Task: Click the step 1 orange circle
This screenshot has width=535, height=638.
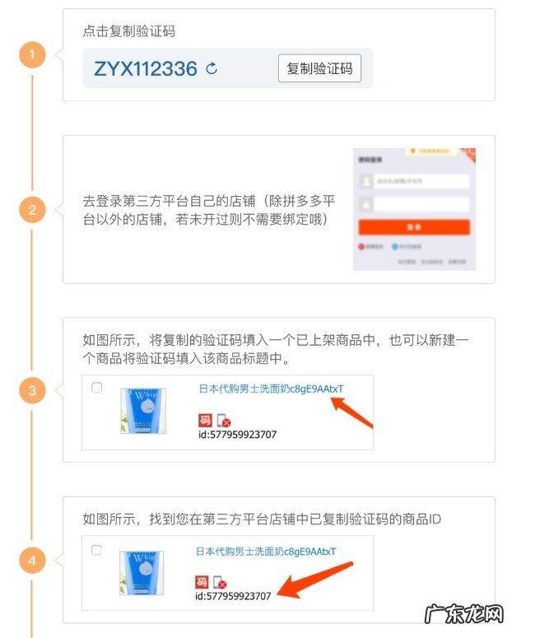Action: [32, 56]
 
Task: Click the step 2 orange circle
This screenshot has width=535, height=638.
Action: [32, 210]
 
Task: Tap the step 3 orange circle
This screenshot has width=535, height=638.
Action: [32, 390]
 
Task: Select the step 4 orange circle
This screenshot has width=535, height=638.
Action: [32, 561]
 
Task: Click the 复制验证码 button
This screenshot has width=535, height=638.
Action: [319, 68]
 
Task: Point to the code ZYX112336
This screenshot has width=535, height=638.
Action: [146, 68]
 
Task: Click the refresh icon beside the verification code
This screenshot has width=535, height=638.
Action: [212, 68]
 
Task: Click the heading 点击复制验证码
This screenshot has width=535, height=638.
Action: [129, 32]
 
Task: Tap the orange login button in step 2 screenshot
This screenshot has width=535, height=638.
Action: [414, 227]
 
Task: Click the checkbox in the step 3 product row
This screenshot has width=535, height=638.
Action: [97, 388]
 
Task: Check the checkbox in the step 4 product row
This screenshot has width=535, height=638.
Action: [97, 549]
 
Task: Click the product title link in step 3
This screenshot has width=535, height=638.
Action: [272, 389]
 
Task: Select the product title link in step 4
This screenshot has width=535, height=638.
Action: [266, 551]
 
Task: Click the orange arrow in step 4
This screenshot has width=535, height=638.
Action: [317, 579]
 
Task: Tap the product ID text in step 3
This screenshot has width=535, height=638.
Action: [238, 434]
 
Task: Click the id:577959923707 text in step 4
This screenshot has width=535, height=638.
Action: [233, 595]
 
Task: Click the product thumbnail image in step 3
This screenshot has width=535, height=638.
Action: [142, 411]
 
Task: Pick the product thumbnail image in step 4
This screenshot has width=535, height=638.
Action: [142, 573]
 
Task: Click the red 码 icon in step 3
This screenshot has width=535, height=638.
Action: [205, 421]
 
